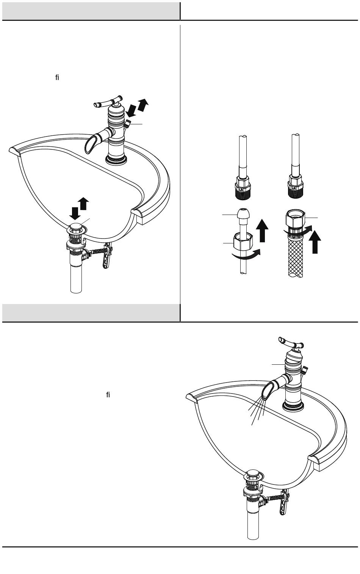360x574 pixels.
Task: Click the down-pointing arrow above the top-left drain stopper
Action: pyautogui.click(x=75, y=213)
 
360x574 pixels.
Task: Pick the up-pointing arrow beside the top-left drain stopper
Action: pyautogui.click(x=83, y=204)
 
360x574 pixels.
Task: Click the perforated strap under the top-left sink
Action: pyautogui.click(x=107, y=255)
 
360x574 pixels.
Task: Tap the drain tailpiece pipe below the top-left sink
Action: pyautogui.click(x=76, y=279)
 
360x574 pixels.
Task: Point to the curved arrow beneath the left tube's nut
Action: pyautogui.click(x=246, y=255)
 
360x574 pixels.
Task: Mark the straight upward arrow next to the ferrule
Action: pyautogui.click(x=262, y=230)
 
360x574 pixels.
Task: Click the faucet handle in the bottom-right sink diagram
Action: pyautogui.click(x=291, y=343)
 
